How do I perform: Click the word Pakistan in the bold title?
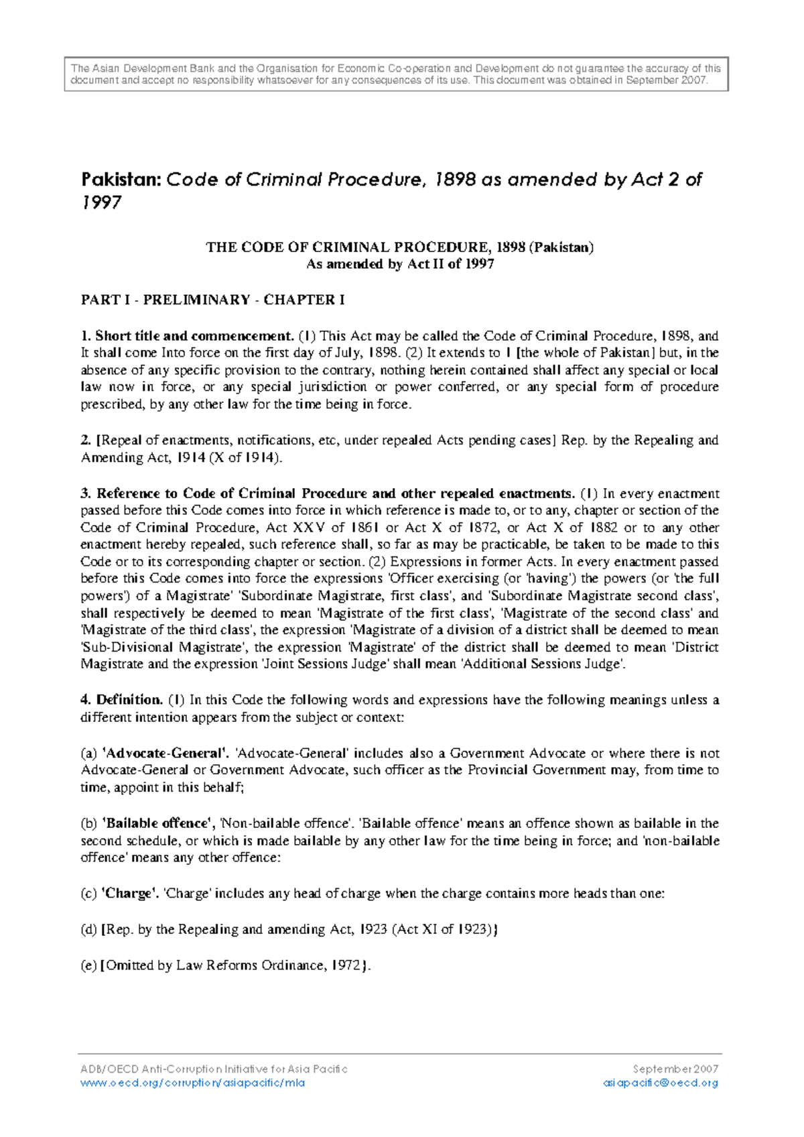pyautogui.click(x=121, y=180)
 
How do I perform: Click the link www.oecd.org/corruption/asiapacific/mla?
pyautogui.click(x=192, y=1083)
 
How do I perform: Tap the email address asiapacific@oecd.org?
pyautogui.click(x=660, y=1083)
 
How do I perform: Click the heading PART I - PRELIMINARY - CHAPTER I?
pyautogui.click(x=212, y=300)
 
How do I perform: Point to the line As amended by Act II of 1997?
pyautogui.click(x=400, y=264)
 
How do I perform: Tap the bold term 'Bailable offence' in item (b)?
pyautogui.click(x=158, y=823)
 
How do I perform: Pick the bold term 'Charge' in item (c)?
pyautogui.click(x=130, y=894)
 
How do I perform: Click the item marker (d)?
pyautogui.click(x=88, y=930)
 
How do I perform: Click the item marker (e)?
pyautogui.click(x=88, y=965)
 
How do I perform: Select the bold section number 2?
pyautogui.click(x=86, y=440)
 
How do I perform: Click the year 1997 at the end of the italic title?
pyautogui.click(x=101, y=202)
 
